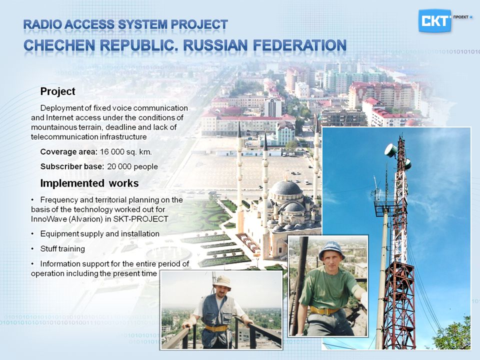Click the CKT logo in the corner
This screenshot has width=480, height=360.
[x=434, y=20]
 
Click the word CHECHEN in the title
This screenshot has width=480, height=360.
[x=59, y=45]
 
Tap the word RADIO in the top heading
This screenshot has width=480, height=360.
[x=42, y=24]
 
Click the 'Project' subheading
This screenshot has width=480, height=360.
[x=58, y=91]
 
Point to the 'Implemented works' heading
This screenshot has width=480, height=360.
[x=89, y=183]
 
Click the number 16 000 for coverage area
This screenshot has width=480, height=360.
[x=111, y=152]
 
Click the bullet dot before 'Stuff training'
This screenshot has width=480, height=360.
[x=32, y=249]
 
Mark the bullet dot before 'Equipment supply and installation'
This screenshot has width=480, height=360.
[x=32, y=234]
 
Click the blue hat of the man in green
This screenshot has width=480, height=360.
[x=332, y=249]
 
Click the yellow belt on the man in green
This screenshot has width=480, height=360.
[x=324, y=310]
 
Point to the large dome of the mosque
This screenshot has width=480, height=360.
[x=286, y=187]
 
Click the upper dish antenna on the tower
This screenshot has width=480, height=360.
[x=391, y=150]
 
